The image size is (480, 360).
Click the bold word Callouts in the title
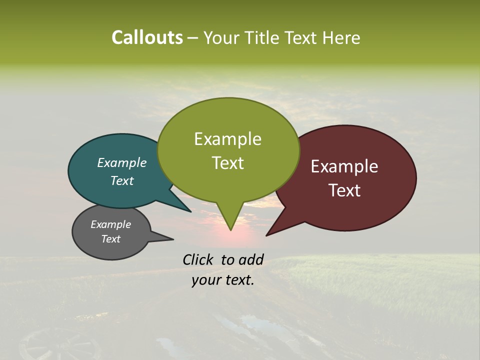pyautogui.click(x=147, y=37)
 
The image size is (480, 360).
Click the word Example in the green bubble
pyautogui.click(x=227, y=139)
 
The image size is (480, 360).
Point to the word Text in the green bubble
pyautogui.click(x=227, y=163)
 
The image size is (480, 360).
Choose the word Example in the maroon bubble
pyautogui.click(x=344, y=166)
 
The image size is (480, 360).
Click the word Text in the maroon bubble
pyautogui.click(x=344, y=190)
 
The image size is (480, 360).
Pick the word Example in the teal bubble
pyautogui.click(x=122, y=162)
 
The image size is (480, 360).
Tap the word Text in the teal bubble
pyautogui.click(x=122, y=180)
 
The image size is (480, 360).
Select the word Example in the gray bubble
pyautogui.click(x=110, y=224)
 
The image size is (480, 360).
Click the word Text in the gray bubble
pyautogui.click(x=110, y=239)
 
